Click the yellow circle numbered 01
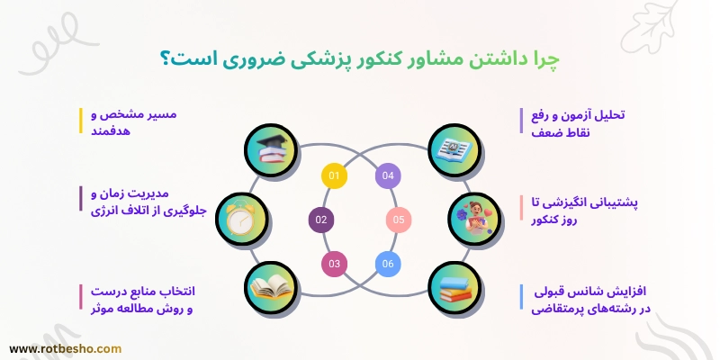point(334,175)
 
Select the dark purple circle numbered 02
point(321,219)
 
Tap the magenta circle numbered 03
point(334,263)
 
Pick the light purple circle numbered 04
point(388,175)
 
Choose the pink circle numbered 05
point(400,219)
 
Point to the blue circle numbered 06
point(387,263)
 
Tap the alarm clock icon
point(242,219)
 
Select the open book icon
point(270,288)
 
